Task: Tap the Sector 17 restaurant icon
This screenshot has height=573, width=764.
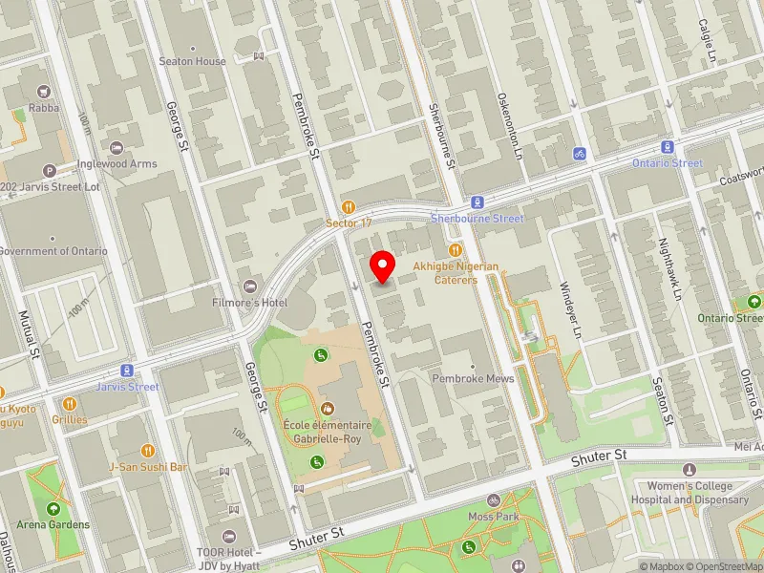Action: tap(349, 206)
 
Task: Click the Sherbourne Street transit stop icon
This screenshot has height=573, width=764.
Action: tap(477, 202)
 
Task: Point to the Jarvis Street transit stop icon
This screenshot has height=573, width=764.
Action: tap(126, 371)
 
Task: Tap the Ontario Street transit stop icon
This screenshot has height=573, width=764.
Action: tap(668, 147)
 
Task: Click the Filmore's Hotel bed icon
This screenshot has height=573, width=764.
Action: tap(250, 286)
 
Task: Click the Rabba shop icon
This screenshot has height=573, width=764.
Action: tap(43, 92)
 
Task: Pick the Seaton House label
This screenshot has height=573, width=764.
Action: tap(193, 61)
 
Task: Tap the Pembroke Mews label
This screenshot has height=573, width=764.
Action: tap(473, 379)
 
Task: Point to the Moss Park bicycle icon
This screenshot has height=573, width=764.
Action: tap(494, 499)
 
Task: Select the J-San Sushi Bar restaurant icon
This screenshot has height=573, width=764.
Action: tap(147, 450)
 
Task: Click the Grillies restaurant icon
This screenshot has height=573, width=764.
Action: tap(69, 403)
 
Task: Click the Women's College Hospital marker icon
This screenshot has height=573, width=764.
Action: tap(690, 470)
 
